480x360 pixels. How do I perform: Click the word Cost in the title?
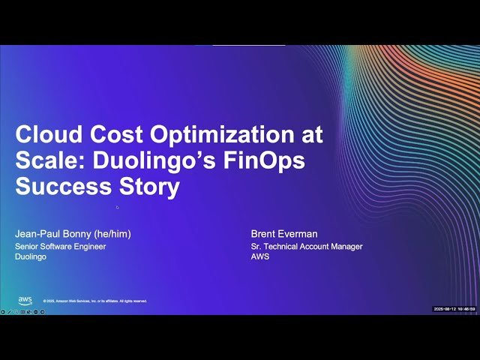(117, 136)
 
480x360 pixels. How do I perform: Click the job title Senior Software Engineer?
(60, 246)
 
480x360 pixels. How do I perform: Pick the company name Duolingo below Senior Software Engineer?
(31, 256)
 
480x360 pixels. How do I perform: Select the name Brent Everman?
(283, 233)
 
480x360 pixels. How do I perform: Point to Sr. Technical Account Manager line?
(307, 246)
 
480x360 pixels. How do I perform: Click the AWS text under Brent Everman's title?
(259, 256)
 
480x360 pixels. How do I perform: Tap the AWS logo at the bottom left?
(25, 300)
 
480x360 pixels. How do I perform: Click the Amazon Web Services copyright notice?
(95, 301)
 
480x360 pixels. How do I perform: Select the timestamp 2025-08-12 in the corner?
(447, 309)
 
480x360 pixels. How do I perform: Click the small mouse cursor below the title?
(117, 207)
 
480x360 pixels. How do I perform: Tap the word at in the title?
(309, 136)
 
